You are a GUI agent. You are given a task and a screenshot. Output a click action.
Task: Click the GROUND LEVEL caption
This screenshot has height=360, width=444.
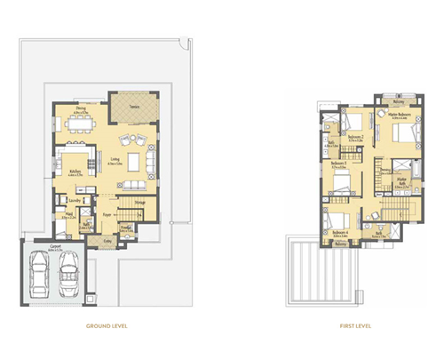point(107,326)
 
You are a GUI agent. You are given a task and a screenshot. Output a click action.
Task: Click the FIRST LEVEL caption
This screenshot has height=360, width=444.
point(354,326)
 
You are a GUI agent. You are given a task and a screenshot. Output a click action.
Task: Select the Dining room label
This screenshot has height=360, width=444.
point(80,109)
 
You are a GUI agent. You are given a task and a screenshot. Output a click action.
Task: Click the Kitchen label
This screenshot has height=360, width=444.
point(75,172)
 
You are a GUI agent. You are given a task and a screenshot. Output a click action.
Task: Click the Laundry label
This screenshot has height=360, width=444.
point(75,201)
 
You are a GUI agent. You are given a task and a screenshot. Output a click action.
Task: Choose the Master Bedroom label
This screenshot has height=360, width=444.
point(404,116)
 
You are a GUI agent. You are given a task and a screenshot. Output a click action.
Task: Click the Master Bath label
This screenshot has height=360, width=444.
point(401,182)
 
